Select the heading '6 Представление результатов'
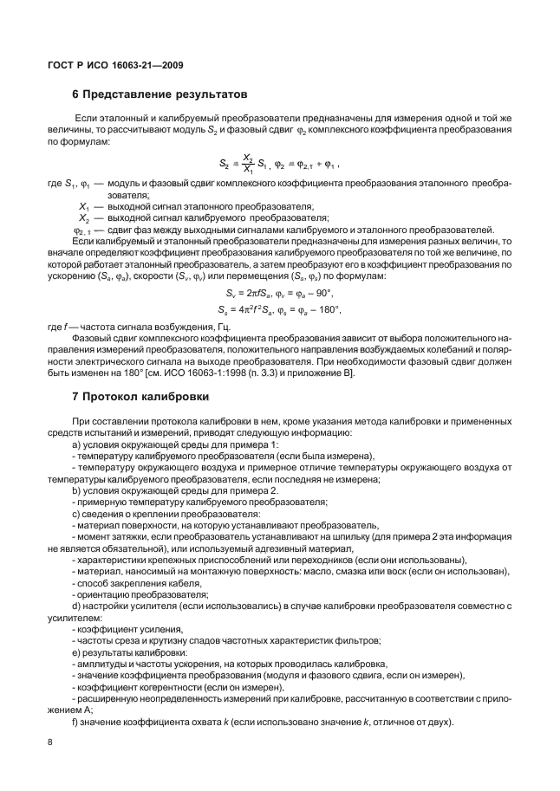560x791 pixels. (x=160, y=93)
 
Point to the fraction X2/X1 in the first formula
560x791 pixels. (x=246, y=163)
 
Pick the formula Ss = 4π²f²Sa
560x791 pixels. (x=252, y=308)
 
